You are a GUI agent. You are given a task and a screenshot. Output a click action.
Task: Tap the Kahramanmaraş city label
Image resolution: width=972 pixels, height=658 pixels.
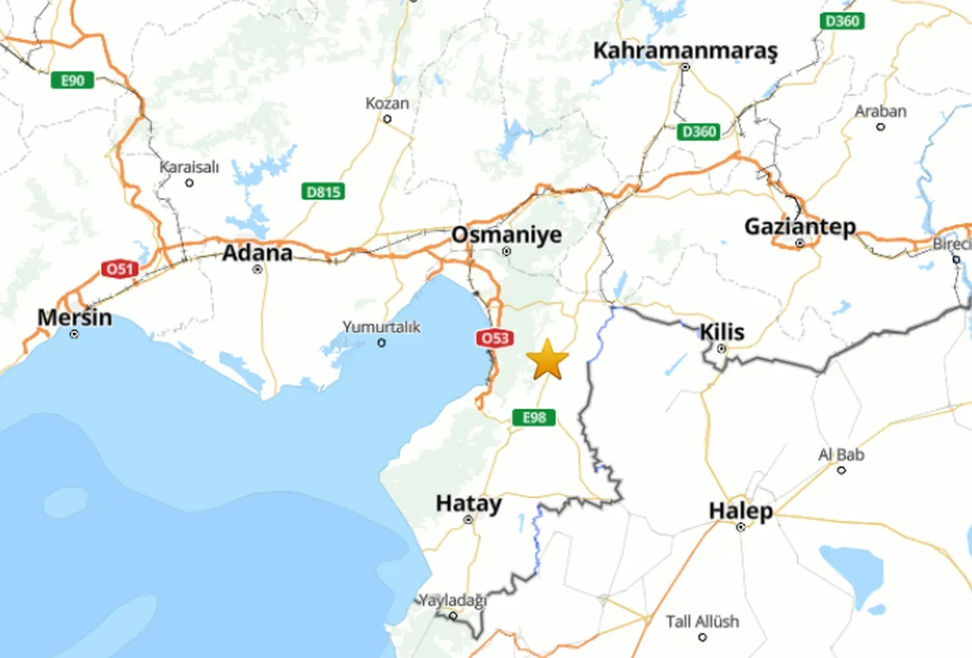point(685,51)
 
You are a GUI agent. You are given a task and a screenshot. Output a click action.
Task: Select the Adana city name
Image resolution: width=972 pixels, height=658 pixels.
point(257,252)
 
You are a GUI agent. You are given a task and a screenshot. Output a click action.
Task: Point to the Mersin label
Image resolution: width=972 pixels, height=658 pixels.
point(74,317)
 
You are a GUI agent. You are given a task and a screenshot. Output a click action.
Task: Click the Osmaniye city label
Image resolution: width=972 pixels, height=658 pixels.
point(507,235)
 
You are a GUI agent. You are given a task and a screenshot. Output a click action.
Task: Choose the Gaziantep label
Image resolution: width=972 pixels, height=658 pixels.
point(800,226)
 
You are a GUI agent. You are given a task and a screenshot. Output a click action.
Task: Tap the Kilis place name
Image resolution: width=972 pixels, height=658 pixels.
point(721,332)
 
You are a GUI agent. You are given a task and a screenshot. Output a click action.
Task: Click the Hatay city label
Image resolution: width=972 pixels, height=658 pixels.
point(469,504)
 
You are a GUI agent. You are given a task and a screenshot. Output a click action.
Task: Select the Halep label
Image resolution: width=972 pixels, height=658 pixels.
point(740,511)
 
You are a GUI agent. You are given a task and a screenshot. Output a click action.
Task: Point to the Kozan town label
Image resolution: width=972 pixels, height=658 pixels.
point(387,103)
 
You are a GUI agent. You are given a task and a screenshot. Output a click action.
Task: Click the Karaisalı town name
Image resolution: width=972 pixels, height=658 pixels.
point(189,167)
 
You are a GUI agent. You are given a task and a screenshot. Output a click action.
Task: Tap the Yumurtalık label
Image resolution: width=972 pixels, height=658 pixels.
point(381,327)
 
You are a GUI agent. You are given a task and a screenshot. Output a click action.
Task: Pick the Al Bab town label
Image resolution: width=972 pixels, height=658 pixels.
point(841,455)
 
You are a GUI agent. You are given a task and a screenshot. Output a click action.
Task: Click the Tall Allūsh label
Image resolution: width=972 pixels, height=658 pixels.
point(702,622)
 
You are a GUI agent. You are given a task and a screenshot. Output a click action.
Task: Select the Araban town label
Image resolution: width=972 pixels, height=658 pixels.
point(880,112)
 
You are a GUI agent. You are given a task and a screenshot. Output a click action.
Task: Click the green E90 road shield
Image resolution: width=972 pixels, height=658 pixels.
point(72,80)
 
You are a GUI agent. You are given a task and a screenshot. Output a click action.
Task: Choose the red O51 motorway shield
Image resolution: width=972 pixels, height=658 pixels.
point(120,269)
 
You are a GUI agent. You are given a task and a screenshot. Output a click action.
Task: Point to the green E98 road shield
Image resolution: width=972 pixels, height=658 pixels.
point(534,417)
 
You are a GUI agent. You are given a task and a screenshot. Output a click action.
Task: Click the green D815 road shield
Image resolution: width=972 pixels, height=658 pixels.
point(323,191)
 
